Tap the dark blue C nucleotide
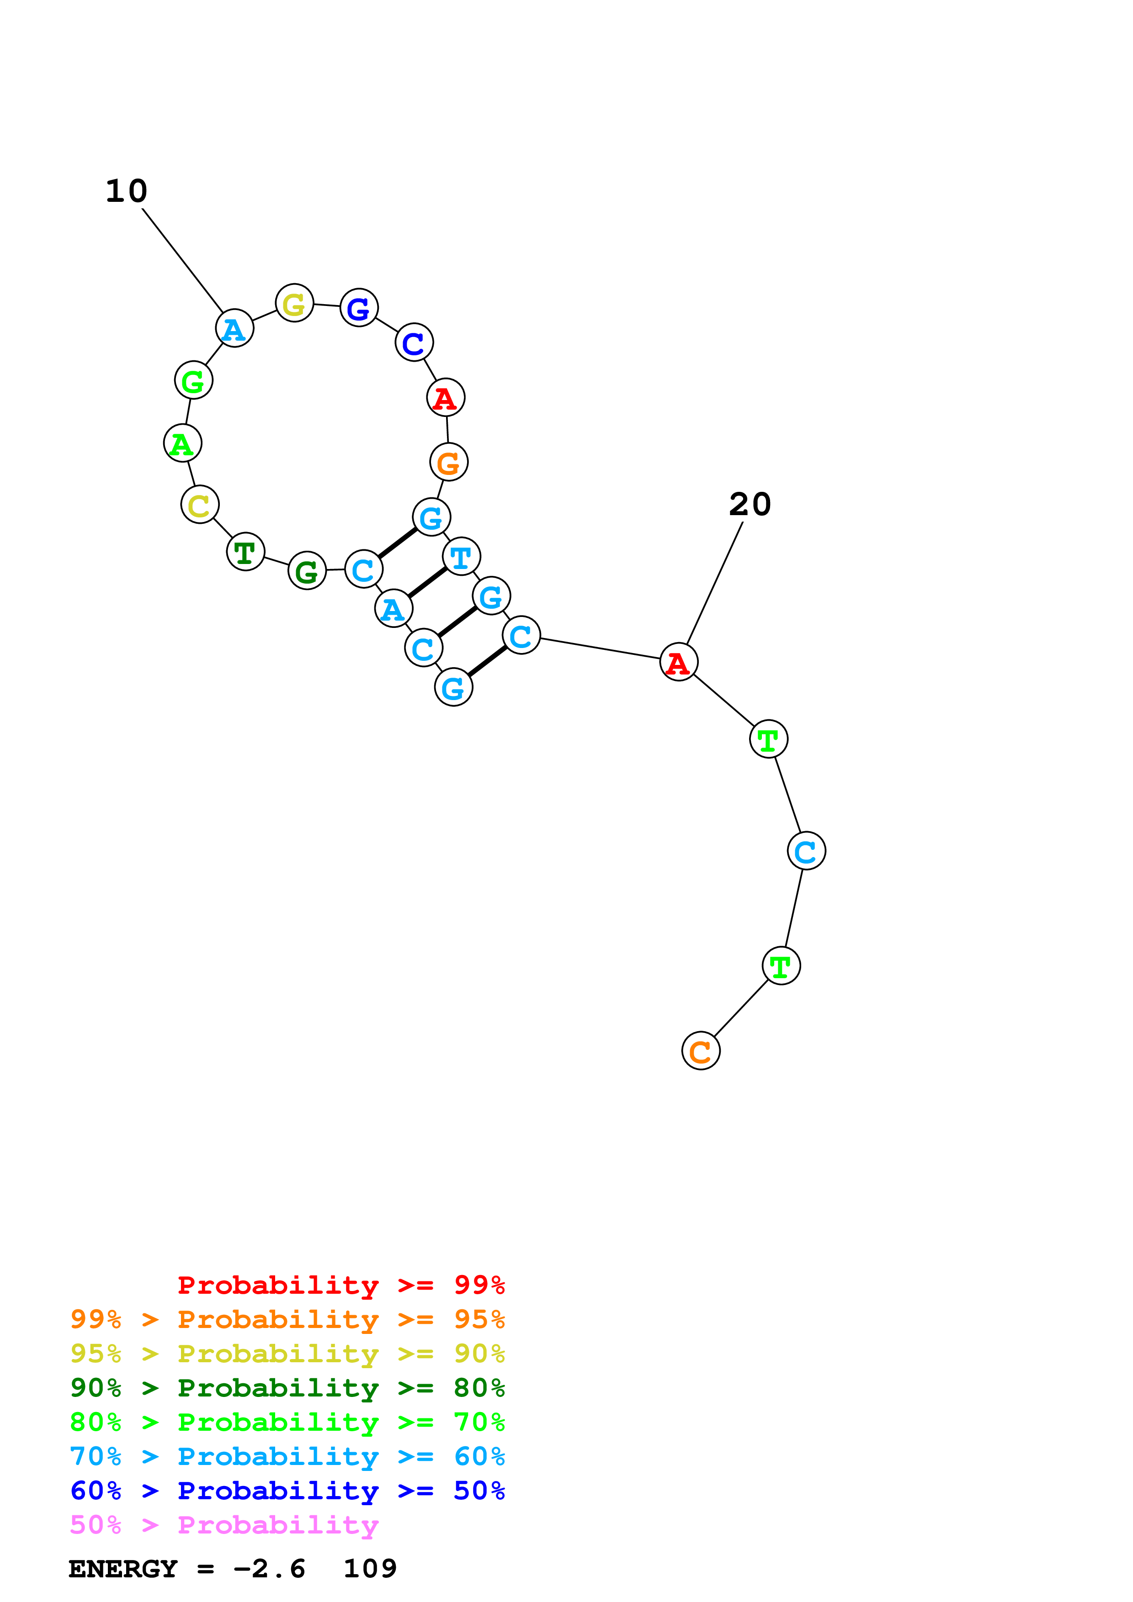click(414, 342)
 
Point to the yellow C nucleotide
click(200, 505)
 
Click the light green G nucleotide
click(193, 380)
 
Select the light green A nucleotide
click(182, 443)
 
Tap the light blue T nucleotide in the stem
click(462, 556)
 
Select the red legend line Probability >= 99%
click(340, 1285)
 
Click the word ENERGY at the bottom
click(123, 1569)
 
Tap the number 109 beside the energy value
click(370, 1569)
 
